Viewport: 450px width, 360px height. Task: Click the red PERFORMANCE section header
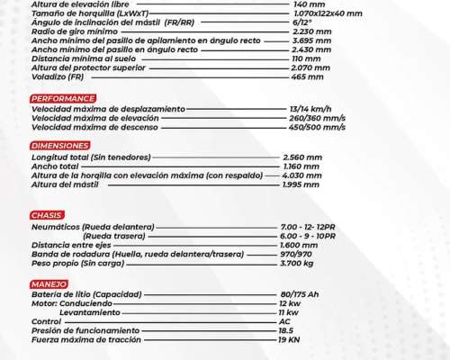(62, 98)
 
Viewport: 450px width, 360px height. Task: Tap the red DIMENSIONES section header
(59, 145)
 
